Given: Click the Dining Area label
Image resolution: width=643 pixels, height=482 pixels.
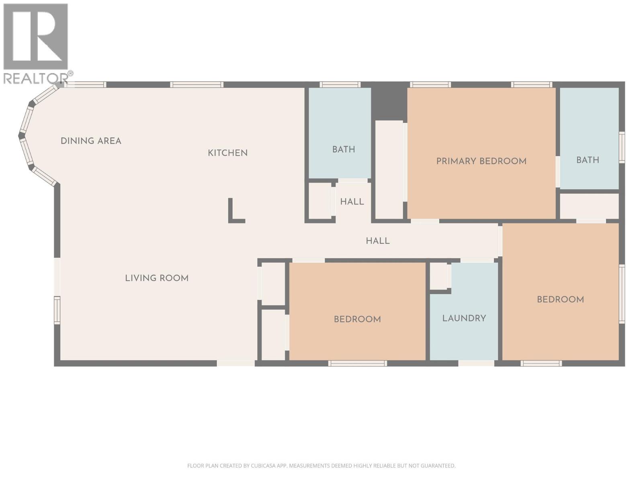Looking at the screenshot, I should (91, 141).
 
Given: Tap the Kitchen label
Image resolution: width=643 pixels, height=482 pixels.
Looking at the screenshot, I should (227, 153).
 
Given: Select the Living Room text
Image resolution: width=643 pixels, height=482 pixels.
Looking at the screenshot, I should (157, 278).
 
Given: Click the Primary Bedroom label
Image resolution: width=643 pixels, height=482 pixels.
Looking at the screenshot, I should (481, 161).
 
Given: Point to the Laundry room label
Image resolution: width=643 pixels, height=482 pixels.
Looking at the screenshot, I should (464, 318).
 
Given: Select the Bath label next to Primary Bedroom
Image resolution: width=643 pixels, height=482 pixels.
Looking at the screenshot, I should (588, 160).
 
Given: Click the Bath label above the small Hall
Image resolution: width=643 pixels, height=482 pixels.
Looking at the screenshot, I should (344, 149).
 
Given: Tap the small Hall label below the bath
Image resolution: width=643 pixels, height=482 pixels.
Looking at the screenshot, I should (352, 202).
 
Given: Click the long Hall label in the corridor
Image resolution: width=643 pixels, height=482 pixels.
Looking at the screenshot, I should (377, 241).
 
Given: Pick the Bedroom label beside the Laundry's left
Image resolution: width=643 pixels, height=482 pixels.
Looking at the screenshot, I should (357, 319).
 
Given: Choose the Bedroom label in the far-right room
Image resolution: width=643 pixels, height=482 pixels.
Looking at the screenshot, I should (560, 299).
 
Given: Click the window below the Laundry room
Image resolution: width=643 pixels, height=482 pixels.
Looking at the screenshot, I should (476, 363).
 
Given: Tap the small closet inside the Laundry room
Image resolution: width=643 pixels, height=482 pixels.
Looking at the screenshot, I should (438, 276).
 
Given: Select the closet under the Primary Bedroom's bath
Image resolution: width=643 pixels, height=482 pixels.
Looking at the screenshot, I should (589, 206).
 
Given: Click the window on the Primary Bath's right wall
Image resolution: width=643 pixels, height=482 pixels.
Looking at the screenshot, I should (622, 147).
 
